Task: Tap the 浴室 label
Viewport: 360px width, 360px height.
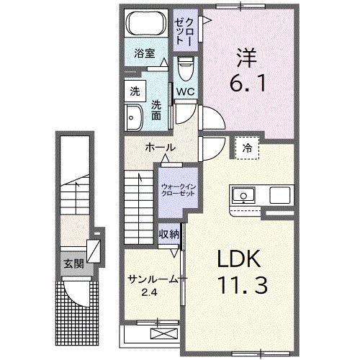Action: (x=145, y=53)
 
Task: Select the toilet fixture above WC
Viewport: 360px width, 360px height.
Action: (x=185, y=71)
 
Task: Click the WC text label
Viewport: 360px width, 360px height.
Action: (x=185, y=92)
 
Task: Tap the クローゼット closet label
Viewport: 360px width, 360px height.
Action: (x=184, y=26)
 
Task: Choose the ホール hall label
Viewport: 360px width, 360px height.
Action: (x=160, y=146)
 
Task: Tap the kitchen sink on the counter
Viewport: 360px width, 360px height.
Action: (x=243, y=194)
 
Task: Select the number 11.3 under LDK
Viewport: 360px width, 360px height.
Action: (x=243, y=287)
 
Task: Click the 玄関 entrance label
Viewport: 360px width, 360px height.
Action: (x=73, y=264)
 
